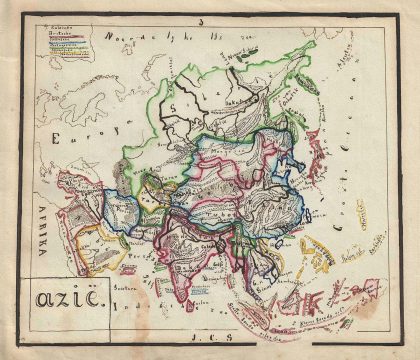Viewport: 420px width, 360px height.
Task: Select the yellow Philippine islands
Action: point(318,258)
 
